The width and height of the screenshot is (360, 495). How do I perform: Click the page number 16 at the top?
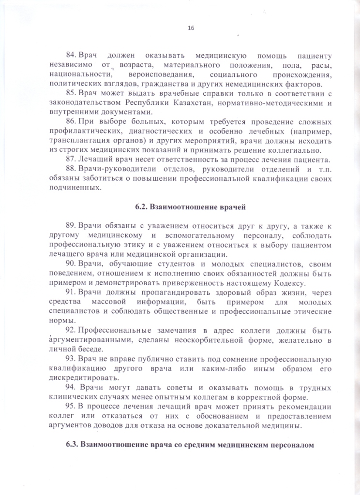[x=191, y=29]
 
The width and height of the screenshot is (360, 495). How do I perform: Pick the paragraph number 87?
[x=71, y=160]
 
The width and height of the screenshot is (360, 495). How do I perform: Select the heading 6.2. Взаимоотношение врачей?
[x=191, y=207]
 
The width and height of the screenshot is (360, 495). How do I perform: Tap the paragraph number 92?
[x=71, y=330]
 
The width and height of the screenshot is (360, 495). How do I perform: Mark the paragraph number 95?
[x=71, y=407]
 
